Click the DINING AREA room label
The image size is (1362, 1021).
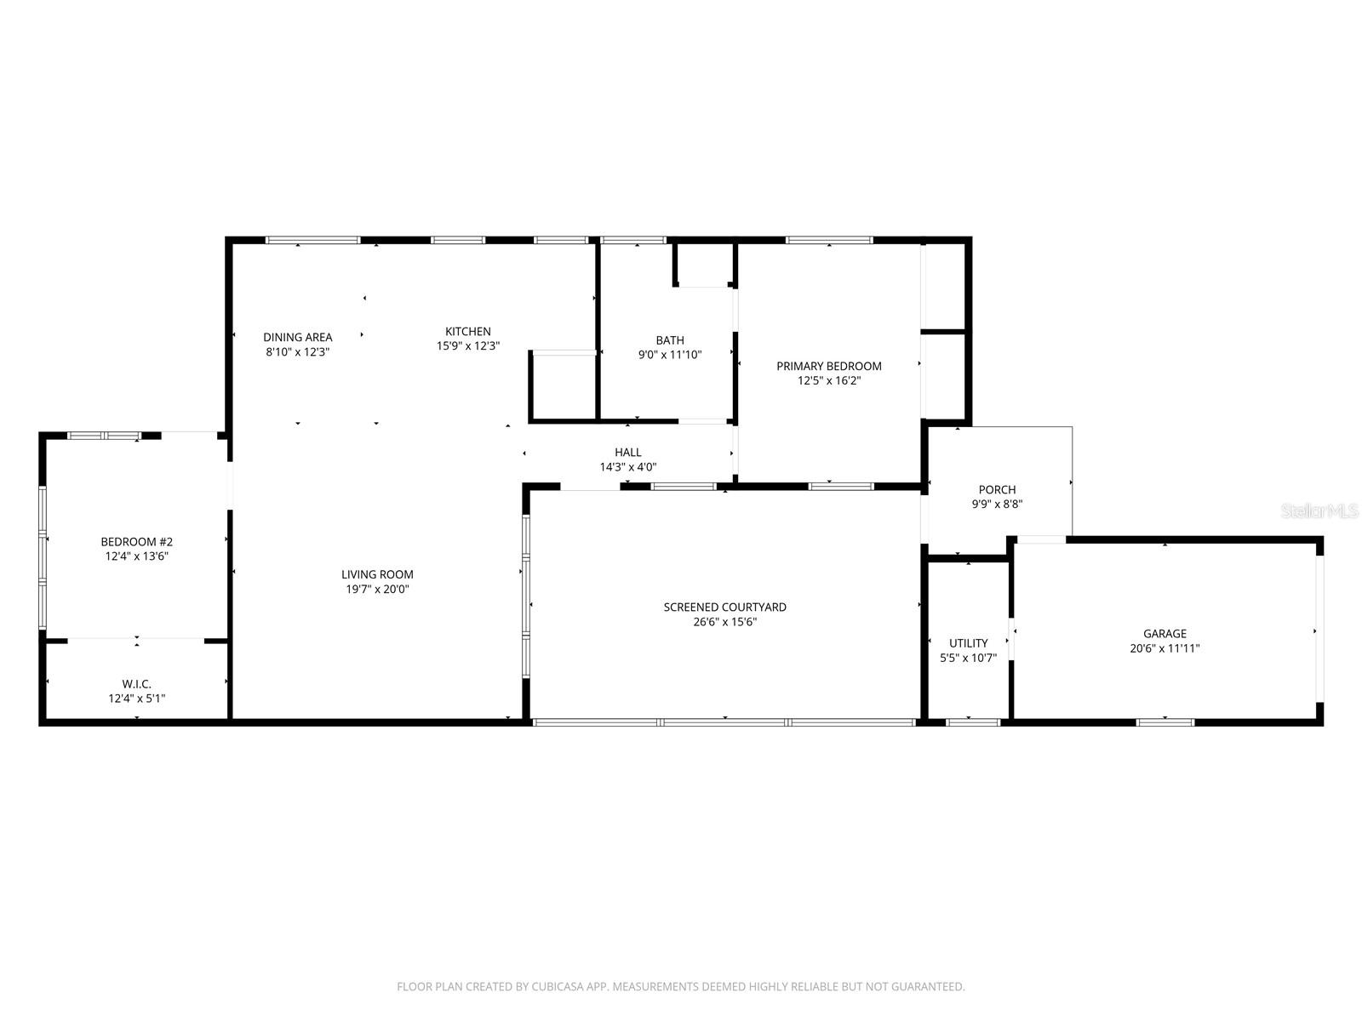(x=297, y=337)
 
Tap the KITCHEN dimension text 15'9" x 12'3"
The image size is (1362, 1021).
(x=467, y=346)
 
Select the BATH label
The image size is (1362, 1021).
(x=669, y=340)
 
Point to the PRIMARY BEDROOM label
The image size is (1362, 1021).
(x=828, y=366)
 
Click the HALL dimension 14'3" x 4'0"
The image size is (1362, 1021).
(x=627, y=467)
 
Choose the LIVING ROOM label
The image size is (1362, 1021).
(x=377, y=574)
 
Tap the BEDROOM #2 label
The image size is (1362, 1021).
(x=136, y=542)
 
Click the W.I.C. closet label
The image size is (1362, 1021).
(x=136, y=684)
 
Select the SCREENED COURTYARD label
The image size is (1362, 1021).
(x=724, y=607)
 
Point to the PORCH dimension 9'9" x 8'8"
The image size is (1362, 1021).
(x=997, y=504)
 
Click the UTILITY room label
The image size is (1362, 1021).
(x=968, y=643)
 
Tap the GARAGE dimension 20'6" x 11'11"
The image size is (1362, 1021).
(x=1164, y=648)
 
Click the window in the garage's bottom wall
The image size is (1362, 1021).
(x=1165, y=722)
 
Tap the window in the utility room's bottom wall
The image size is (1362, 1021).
(x=972, y=722)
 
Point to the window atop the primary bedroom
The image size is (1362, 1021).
(x=829, y=240)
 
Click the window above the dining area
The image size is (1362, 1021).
(x=312, y=240)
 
